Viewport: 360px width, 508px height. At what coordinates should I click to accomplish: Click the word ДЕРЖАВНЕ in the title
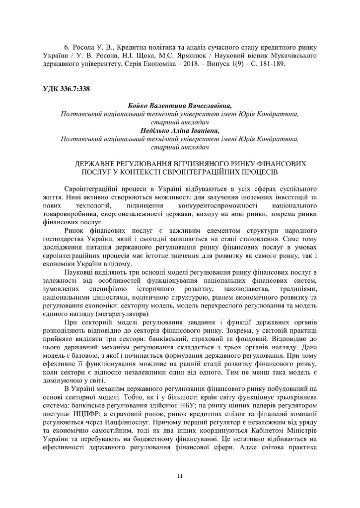[x=95, y=163]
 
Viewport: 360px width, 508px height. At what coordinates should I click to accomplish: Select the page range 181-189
[x=272, y=64]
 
